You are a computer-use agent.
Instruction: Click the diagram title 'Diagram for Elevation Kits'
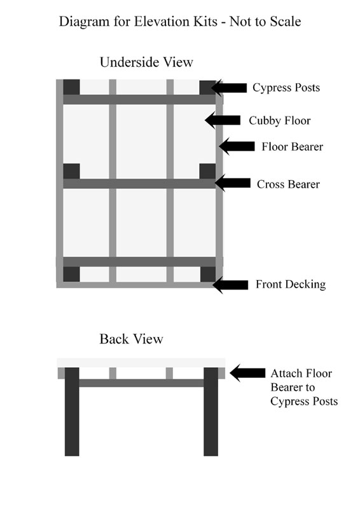138,22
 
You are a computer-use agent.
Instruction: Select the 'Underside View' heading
146,62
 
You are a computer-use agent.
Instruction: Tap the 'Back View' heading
131,339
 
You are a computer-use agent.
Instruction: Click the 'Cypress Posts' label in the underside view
286,88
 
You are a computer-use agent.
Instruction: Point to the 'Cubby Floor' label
280,120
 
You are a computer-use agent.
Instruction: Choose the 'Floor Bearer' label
293,146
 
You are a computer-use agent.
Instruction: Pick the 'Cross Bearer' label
288,184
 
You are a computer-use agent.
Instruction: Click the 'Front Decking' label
291,284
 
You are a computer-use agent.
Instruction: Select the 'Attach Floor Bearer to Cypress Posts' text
304,387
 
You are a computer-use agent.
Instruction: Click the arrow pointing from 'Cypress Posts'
229,88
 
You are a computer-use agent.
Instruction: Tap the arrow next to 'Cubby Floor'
223,120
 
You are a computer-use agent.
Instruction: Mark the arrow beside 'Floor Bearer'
237,146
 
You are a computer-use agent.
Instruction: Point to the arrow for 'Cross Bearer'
232,183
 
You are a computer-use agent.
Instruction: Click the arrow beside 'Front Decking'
230,285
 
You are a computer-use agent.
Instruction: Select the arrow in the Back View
247,373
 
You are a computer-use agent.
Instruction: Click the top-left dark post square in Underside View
71,87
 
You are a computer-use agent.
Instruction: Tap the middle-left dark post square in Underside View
71,171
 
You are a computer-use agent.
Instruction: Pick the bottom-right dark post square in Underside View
208,274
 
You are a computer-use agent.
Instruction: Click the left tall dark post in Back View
72,412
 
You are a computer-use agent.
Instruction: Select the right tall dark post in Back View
211,412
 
